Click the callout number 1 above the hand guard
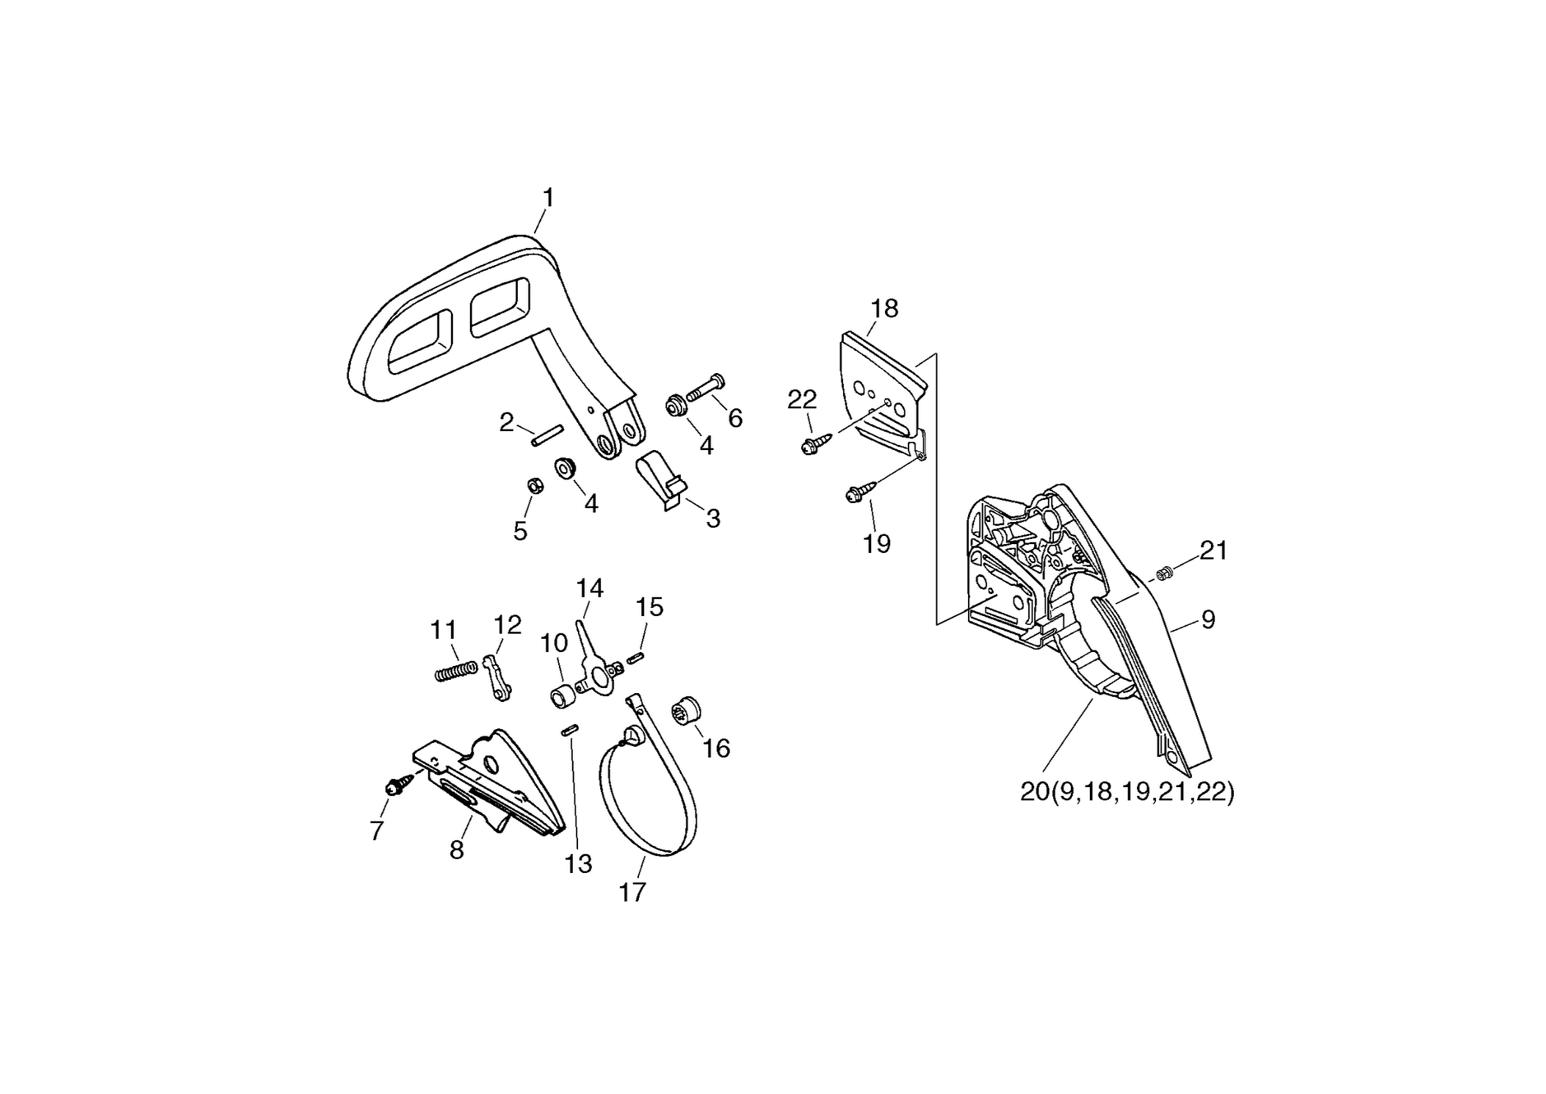[x=548, y=198]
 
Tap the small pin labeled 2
[x=547, y=435]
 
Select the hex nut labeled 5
[x=535, y=485]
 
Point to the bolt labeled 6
[x=705, y=387]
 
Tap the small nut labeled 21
[x=1162, y=574]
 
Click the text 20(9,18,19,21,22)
[x=1127, y=792]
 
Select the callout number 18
[x=884, y=308]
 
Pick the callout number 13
[x=578, y=864]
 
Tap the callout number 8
[x=457, y=850]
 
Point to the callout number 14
[x=590, y=588]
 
